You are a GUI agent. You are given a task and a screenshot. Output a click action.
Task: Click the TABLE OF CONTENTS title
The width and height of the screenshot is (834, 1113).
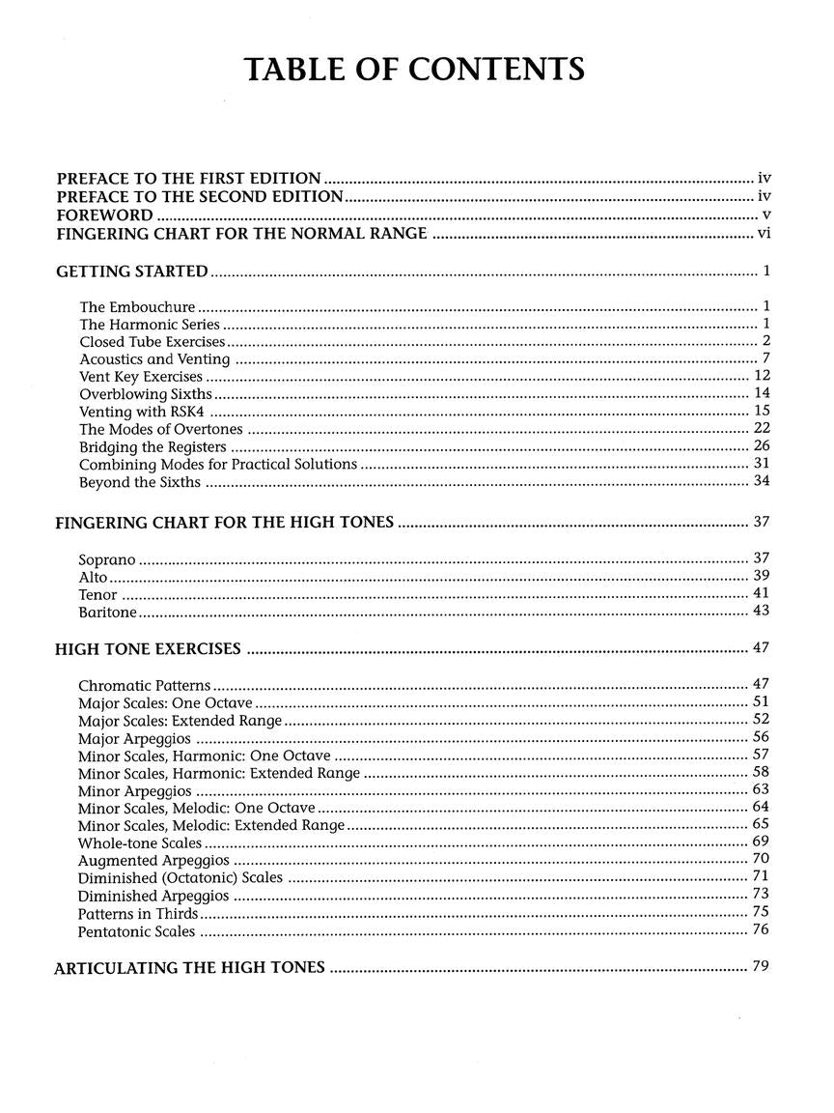tap(414, 71)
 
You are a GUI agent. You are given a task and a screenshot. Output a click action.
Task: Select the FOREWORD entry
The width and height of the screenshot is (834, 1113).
tap(104, 214)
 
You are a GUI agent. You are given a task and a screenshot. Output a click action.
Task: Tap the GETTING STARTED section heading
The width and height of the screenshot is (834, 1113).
tap(132, 271)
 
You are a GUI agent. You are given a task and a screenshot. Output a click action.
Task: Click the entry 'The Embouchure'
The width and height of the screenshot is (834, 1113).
tap(137, 307)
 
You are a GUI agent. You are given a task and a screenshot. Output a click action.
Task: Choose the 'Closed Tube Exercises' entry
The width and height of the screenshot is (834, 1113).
tap(153, 342)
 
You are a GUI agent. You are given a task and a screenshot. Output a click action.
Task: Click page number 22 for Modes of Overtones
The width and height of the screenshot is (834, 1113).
tap(761, 428)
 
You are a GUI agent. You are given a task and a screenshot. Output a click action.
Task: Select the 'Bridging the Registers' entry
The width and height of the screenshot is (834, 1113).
tap(153, 446)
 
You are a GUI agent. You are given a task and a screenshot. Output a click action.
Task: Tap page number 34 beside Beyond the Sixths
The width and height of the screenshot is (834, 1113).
tap(761, 481)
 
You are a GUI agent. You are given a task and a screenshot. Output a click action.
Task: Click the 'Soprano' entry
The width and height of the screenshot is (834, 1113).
tap(107, 559)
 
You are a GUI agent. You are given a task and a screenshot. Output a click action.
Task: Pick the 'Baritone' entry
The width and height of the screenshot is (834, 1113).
tap(107, 613)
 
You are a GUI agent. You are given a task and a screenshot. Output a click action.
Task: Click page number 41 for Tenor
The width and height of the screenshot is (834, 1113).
tap(761, 594)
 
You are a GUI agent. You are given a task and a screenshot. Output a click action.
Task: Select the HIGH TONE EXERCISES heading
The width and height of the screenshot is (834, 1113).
tap(148, 649)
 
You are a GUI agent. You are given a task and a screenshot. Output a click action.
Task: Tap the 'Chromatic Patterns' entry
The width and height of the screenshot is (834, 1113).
tap(145, 685)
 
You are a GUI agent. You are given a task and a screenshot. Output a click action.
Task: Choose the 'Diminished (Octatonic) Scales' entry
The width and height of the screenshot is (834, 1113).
tap(181, 878)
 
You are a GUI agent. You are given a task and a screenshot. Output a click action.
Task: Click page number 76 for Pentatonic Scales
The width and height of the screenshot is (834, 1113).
tap(761, 930)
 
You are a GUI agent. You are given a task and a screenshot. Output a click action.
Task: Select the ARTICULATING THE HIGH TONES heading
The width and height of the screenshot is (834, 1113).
tap(189, 967)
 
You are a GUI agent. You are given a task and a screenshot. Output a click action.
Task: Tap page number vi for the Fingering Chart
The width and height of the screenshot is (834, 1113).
tap(762, 233)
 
